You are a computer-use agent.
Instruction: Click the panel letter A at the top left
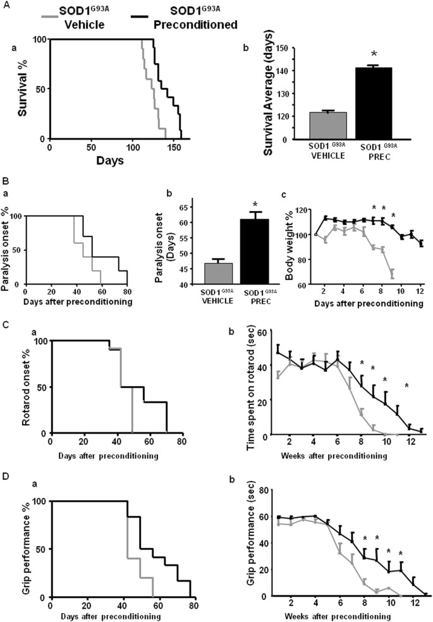[x=6, y=7]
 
